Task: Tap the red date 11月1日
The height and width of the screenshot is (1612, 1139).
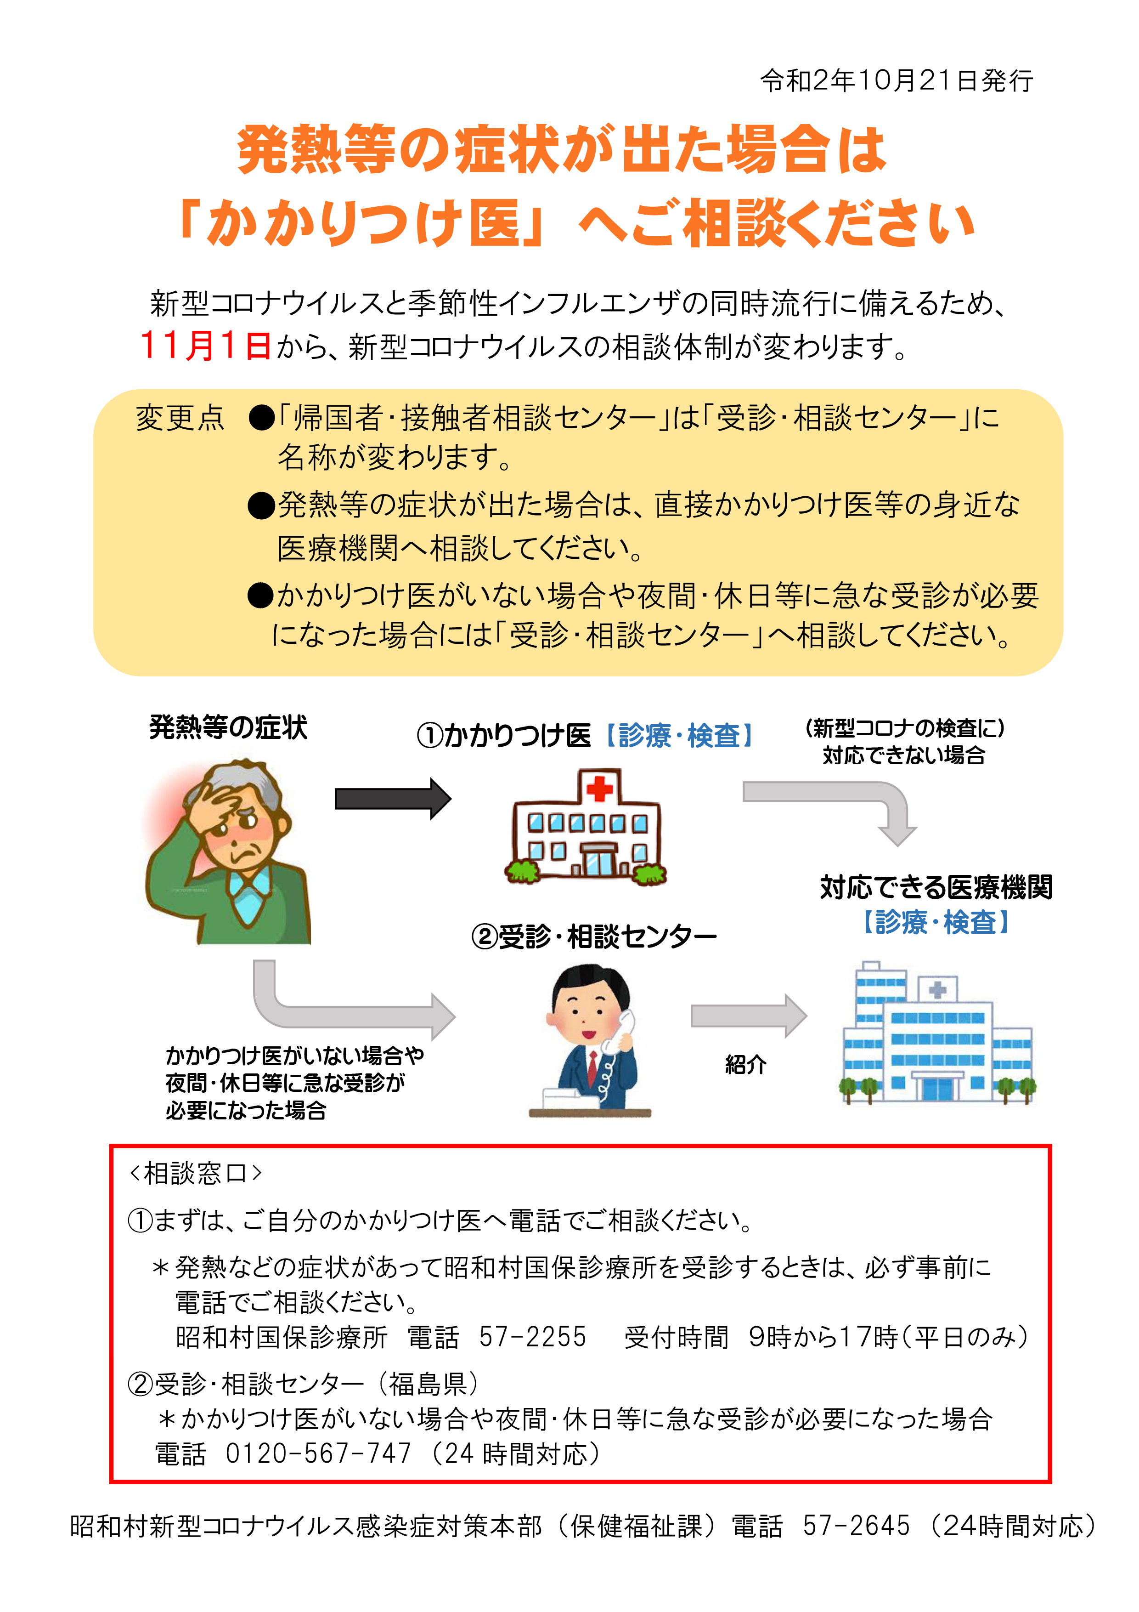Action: point(205,346)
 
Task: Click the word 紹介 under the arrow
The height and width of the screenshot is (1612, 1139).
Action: point(745,1064)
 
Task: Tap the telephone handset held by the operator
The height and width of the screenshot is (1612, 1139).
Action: point(618,1031)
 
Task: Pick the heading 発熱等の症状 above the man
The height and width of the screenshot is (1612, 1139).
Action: point(228,727)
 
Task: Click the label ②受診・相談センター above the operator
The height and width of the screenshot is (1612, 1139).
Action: point(594,936)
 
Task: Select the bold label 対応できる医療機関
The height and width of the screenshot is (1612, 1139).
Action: point(936,887)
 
